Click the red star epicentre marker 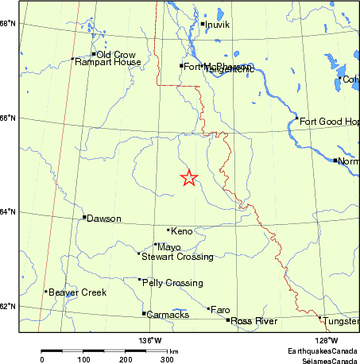(x=188, y=178)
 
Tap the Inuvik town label (x=218, y=25)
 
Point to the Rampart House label (x=107, y=62)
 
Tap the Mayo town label (x=169, y=247)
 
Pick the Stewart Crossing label (x=176, y=257)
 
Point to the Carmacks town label (x=168, y=315)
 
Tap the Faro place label (x=220, y=310)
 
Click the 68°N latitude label (x=9, y=24)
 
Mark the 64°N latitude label (x=9, y=211)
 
